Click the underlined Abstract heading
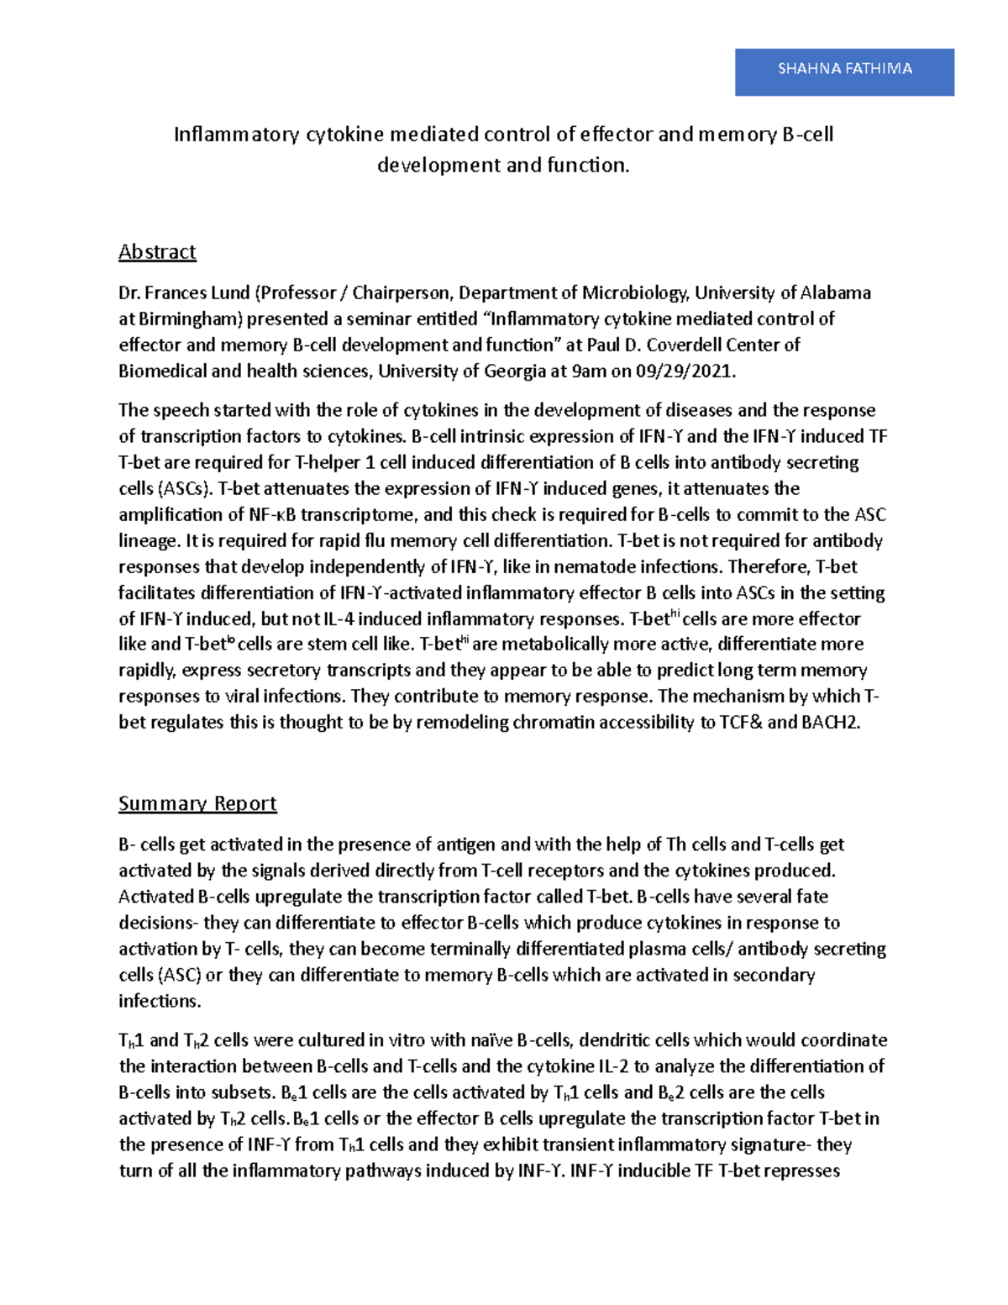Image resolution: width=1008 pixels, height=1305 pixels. click(157, 251)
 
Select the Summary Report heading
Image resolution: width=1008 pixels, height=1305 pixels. click(197, 803)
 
